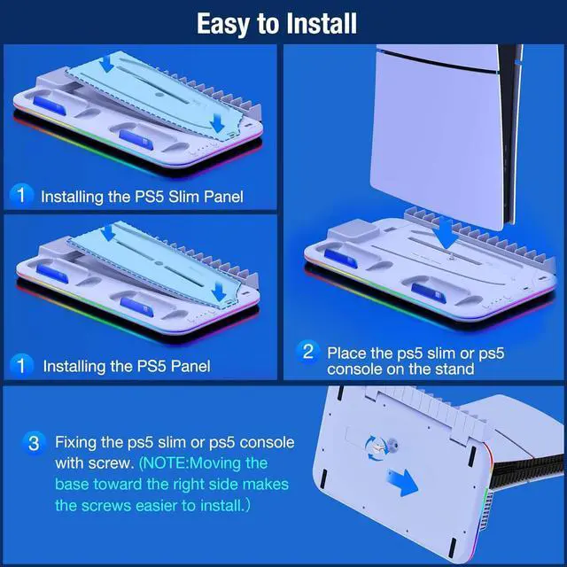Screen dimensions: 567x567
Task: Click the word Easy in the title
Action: pos(225,22)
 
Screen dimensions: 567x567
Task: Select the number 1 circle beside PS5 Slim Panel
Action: pos(23,195)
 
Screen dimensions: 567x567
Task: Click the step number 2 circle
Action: pos(307,352)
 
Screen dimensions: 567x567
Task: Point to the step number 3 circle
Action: pos(34,442)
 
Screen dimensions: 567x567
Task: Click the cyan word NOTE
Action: pos(171,463)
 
